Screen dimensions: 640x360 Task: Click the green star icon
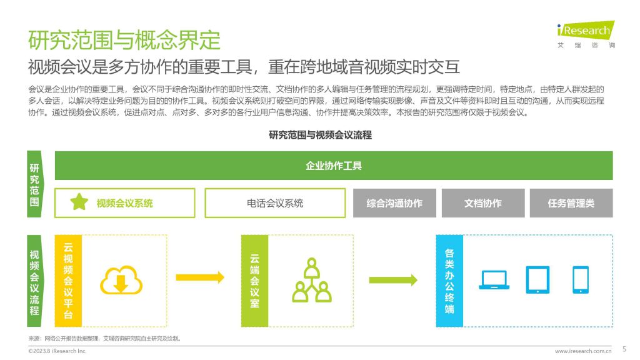pyautogui.click(x=79, y=202)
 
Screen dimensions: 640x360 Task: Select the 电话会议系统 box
pyautogui.click(x=275, y=203)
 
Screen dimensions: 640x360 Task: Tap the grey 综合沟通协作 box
pyautogui.click(x=394, y=203)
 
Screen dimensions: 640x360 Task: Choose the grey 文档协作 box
pyautogui.click(x=483, y=203)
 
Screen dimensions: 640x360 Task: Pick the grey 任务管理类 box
pyautogui.click(x=571, y=203)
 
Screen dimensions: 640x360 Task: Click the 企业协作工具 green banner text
pyautogui.click(x=334, y=166)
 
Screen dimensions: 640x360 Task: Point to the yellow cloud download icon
pyautogui.click(x=121, y=281)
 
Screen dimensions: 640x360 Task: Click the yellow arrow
pyautogui.click(x=200, y=277)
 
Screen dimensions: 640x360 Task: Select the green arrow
pyautogui.click(x=393, y=280)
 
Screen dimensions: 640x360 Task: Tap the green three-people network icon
pyautogui.click(x=312, y=280)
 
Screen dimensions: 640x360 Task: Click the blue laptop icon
pyautogui.click(x=494, y=279)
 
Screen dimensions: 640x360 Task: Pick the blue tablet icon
pyautogui.click(x=537, y=279)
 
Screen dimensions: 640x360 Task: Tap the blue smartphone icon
pyautogui.click(x=581, y=279)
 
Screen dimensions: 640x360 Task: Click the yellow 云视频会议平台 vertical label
pyautogui.click(x=68, y=281)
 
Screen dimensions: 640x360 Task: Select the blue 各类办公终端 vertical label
pyautogui.click(x=449, y=281)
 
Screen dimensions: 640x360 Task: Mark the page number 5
pyautogui.click(x=624, y=349)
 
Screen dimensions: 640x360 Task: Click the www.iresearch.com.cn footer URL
pyautogui.click(x=583, y=351)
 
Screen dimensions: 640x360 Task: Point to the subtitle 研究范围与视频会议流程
pyautogui.click(x=320, y=135)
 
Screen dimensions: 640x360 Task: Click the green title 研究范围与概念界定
pyautogui.click(x=124, y=40)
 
